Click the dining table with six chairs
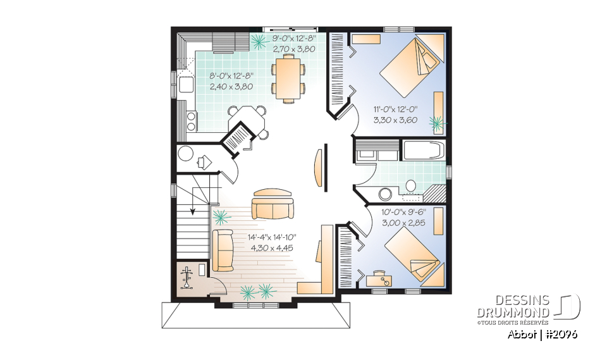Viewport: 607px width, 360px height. (288, 77)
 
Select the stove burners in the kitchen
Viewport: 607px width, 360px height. (190, 121)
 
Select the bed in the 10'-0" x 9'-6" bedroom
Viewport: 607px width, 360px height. (412, 254)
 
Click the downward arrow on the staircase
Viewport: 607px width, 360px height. (192, 211)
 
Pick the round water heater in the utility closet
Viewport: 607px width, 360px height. (186, 154)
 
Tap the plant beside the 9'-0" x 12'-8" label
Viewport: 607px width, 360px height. (259, 42)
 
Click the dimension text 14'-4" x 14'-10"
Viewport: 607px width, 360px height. (272, 238)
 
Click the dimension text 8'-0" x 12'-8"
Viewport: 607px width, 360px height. (231, 78)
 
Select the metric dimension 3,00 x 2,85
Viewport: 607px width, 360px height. (403, 223)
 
